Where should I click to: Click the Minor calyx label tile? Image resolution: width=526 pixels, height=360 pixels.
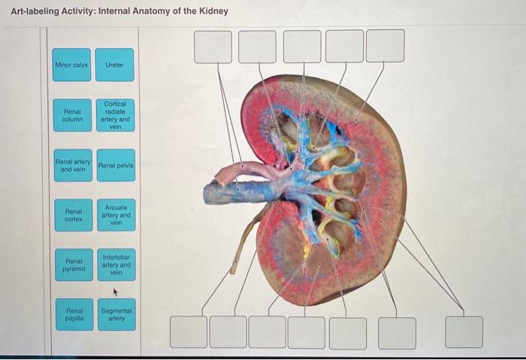coord(72,65)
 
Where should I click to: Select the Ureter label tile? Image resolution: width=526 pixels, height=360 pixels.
coord(114,65)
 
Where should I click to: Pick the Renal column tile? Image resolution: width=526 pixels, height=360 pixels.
coord(72,116)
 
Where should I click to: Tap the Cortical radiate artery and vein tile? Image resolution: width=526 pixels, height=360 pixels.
coord(114,116)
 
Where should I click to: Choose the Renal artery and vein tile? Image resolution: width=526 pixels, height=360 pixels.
coord(72,165)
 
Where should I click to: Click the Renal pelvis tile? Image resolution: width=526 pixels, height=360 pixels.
coord(114,165)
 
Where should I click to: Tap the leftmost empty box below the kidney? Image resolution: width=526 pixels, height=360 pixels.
coord(189,331)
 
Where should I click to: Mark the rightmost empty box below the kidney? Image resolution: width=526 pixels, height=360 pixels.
coord(464,331)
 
